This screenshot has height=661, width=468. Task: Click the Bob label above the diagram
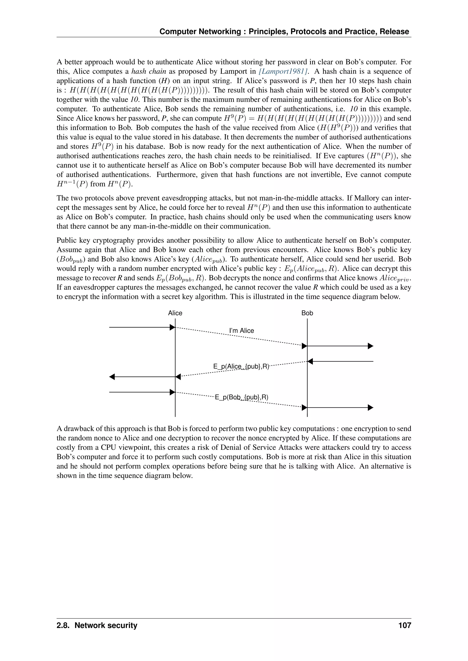pyautogui.click(x=307, y=313)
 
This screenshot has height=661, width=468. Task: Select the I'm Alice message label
pyautogui.click(x=242, y=330)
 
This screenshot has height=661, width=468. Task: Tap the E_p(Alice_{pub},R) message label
pyautogui.click(x=241, y=367)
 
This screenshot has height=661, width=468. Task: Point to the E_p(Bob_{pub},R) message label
pyautogui.click(x=242, y=397)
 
